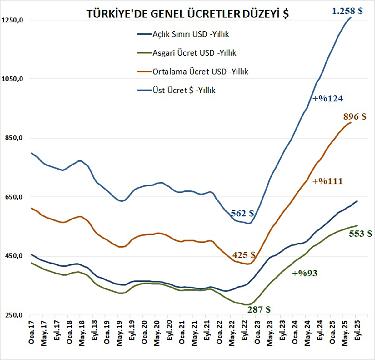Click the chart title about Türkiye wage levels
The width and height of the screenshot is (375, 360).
click(x=187, y=14)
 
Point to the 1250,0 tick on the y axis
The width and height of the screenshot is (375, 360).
click(x=13, y=20)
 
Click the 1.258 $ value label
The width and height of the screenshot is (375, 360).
click(x=347, y=11)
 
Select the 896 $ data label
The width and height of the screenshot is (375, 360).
click(x=355, y=116)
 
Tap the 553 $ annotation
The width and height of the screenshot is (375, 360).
click(x=360, y=234)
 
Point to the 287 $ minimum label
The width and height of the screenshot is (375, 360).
click(x=259, y=309)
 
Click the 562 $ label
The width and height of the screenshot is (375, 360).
click(x=242, y=213)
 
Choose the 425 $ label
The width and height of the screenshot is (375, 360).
click(x=244, y=255)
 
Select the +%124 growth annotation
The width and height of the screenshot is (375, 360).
click(x=328, y=99)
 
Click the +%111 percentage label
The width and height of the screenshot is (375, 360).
click(x=327, y=181)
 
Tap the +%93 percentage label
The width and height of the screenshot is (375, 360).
click(x=305, y=274)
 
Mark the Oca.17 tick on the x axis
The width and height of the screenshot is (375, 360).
click(x=32, y=332)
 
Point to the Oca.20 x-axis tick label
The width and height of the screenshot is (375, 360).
click(x=144, y=332)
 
